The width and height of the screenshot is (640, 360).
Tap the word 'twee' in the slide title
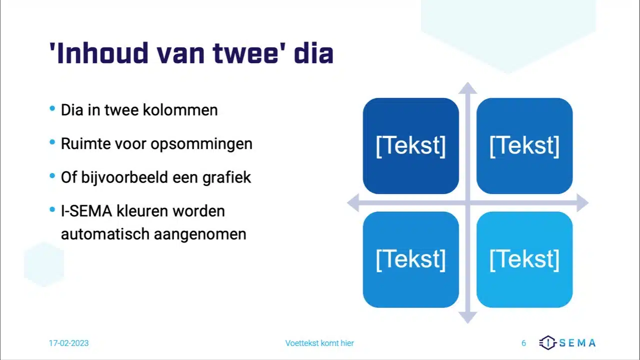[x=245, y=53]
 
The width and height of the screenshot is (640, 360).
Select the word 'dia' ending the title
[x=313, y=53]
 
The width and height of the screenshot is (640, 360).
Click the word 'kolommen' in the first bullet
[x=180, y=110]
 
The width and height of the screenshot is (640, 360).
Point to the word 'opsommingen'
[x=201, y=144]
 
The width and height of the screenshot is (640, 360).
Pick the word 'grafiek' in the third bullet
[x=226, y=178]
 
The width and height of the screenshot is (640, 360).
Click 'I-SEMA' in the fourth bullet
[x=86, y=211]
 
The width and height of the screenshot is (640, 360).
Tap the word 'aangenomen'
[x=200, y=235]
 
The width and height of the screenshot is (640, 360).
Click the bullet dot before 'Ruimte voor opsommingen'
[x=52, y=142]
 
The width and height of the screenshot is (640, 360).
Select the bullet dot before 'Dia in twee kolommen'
[x=52, y=108]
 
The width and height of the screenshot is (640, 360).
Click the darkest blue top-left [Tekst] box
[x=411, y=146]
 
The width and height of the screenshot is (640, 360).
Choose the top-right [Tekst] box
[x=524, y=146]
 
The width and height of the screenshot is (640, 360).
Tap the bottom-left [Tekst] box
[x=411, y=259]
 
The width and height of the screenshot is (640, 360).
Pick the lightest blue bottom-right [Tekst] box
[x=524, y=259]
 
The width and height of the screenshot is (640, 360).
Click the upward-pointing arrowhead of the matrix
[x=467, y=88]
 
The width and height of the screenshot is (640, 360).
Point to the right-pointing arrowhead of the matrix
[x=582, y=203]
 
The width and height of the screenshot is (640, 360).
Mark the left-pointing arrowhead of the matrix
[x=353, y=203]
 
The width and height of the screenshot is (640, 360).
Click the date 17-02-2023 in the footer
[x=69, y=343]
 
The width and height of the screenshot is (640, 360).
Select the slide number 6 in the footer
[x=523, y=343]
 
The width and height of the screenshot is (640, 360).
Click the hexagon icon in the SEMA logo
[x=547, y=342]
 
